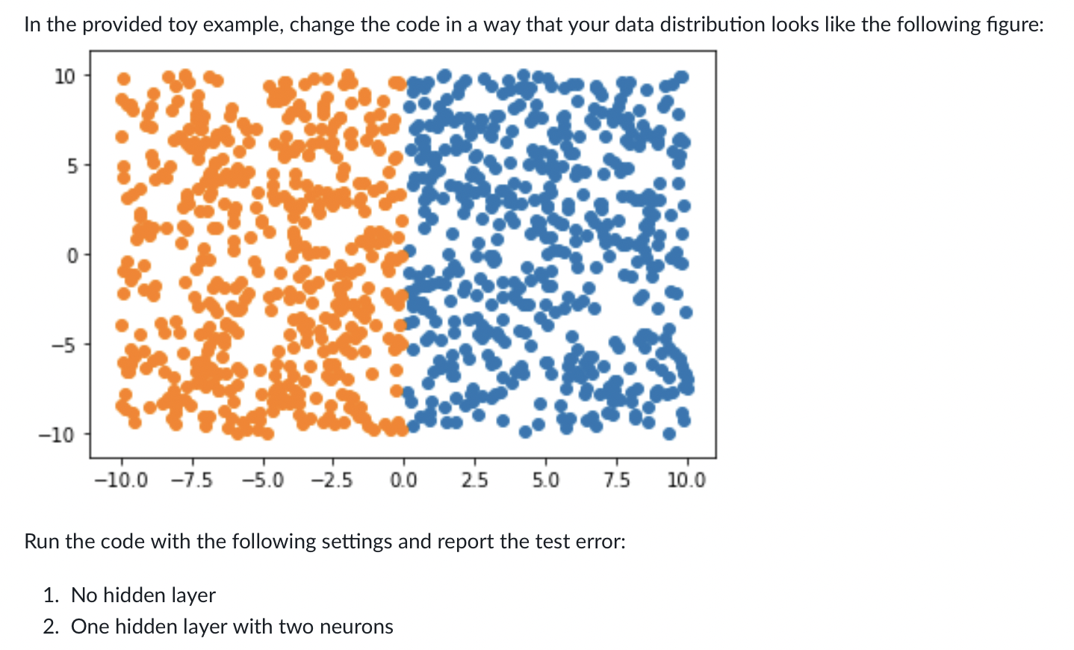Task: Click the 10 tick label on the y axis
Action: point(65,76)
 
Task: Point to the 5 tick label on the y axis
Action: point(71,167)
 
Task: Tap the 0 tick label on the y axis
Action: point(71,256)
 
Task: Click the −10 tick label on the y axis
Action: point(57,436)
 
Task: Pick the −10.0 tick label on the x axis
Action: point(121,480)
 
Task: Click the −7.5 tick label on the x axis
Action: point(192,480)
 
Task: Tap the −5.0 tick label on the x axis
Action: point(263,480)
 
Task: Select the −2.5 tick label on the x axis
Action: point(333,480)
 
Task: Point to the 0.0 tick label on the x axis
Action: point(404,480)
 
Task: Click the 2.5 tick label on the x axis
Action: point(475,480)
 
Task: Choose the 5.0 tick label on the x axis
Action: point(546,480)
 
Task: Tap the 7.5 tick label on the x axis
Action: point(617,480)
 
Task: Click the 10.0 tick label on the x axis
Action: point(687,480)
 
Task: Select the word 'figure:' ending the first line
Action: point(1018,25)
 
